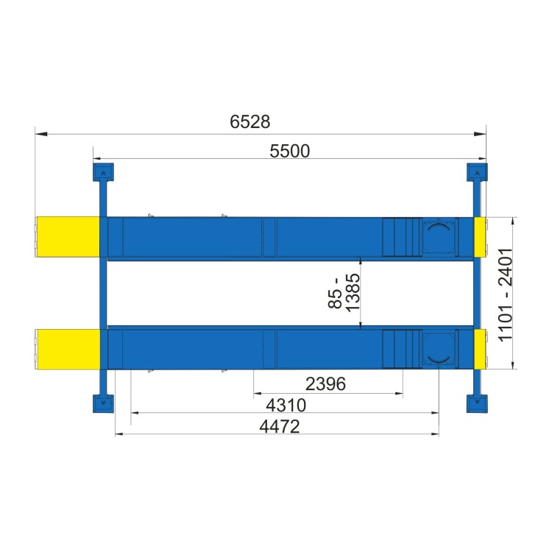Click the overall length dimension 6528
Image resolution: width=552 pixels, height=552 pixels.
pyautogui.click(x=245, y=122)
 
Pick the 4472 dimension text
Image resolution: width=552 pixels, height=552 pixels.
pyautogui.click(x=279, y=426)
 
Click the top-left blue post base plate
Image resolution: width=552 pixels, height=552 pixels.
pyautogui.click(x=102, y=172)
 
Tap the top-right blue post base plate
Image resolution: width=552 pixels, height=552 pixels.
pyautogui.click(x=477, y=172)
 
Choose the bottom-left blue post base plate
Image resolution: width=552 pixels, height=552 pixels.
pyautogui.click(x=102, y=404)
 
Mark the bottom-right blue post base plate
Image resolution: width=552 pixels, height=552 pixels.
pyautogui.click(x=477, y=404)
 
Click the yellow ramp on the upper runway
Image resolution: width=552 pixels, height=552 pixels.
pyautogui.click(x=68, y=236)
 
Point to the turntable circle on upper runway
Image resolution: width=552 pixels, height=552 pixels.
pyautogui.click(x=439, y=236)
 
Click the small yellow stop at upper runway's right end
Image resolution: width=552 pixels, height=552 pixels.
pyautogui.click(x=480, y=236)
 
